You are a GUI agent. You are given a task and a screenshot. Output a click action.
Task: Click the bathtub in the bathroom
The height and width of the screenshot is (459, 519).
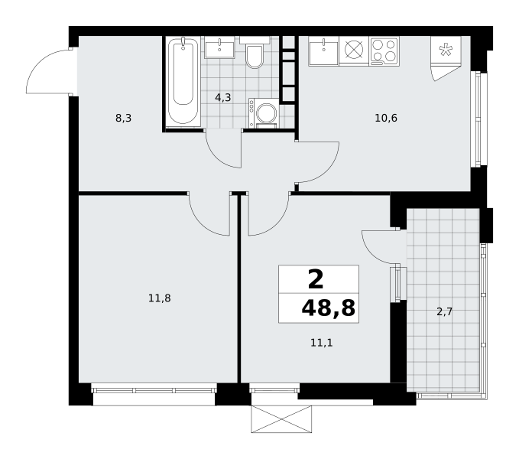(183, 81)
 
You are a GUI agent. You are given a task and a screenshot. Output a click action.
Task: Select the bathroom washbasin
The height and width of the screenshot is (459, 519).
(219, 47)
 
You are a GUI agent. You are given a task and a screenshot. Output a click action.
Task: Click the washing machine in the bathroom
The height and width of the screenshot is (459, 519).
(264, 112)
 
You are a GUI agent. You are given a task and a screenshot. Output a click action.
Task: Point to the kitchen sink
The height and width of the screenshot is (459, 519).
(323, 51)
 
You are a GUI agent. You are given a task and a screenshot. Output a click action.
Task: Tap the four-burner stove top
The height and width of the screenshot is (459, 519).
(384, 51)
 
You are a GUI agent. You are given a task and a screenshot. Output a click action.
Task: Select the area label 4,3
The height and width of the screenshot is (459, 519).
(222, 98)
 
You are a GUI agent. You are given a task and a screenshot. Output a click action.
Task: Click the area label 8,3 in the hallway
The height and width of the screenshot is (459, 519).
(124, 118)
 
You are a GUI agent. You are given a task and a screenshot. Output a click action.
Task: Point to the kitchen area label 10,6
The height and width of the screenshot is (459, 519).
(386, 118)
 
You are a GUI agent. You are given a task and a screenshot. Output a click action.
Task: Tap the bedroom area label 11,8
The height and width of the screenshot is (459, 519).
(160, 298)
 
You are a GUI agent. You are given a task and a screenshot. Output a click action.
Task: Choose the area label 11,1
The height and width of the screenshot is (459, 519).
(322, 343)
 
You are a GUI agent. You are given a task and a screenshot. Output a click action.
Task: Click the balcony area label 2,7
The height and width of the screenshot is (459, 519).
(445, 311)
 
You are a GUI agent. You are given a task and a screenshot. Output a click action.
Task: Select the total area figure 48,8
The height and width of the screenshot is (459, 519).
(329, 308)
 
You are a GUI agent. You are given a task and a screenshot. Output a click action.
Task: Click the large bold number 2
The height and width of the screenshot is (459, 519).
(316, 279)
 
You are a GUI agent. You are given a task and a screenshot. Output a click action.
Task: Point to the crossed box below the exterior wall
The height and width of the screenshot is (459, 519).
(281, 419)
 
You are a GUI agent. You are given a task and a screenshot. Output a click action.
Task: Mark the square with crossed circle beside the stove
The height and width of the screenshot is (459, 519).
(354, 50)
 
